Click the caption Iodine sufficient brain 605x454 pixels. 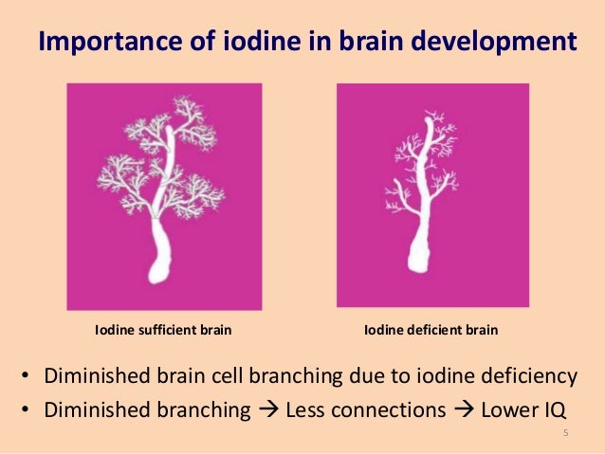162,331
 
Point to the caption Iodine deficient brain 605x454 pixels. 431,331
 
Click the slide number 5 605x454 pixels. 565,434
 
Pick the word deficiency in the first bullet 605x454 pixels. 531,376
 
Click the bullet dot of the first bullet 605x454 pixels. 26,377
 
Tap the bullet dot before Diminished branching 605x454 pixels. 26,410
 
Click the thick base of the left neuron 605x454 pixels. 164,257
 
